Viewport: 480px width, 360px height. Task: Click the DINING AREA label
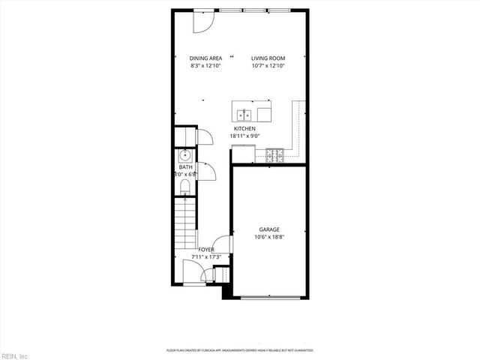pos(205,58)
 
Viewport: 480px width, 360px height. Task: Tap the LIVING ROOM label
pos(268,58)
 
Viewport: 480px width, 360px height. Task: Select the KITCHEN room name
pos(244,129)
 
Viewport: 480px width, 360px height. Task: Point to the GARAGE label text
pos(269,229)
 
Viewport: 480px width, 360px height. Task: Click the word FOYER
pos(206,250)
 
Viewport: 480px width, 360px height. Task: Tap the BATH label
pos(184,167)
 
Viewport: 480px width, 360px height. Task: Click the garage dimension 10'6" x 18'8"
pos(269,237)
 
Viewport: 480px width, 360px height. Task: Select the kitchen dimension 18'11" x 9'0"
pos(244,136)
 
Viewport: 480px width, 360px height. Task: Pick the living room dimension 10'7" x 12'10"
pos(268,65)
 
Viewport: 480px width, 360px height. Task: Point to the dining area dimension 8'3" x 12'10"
pos(205,65)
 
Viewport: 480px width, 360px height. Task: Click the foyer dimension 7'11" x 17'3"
pos(206,256)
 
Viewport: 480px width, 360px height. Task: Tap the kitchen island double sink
pos(244,115)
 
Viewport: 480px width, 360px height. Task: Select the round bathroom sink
pos(184,156)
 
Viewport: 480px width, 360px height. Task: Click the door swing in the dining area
pos(202,22)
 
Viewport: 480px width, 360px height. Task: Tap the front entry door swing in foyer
pos(192,271)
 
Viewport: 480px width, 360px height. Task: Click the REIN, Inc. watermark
pos(15,355)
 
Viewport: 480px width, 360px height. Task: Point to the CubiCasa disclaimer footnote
pos(239,350)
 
